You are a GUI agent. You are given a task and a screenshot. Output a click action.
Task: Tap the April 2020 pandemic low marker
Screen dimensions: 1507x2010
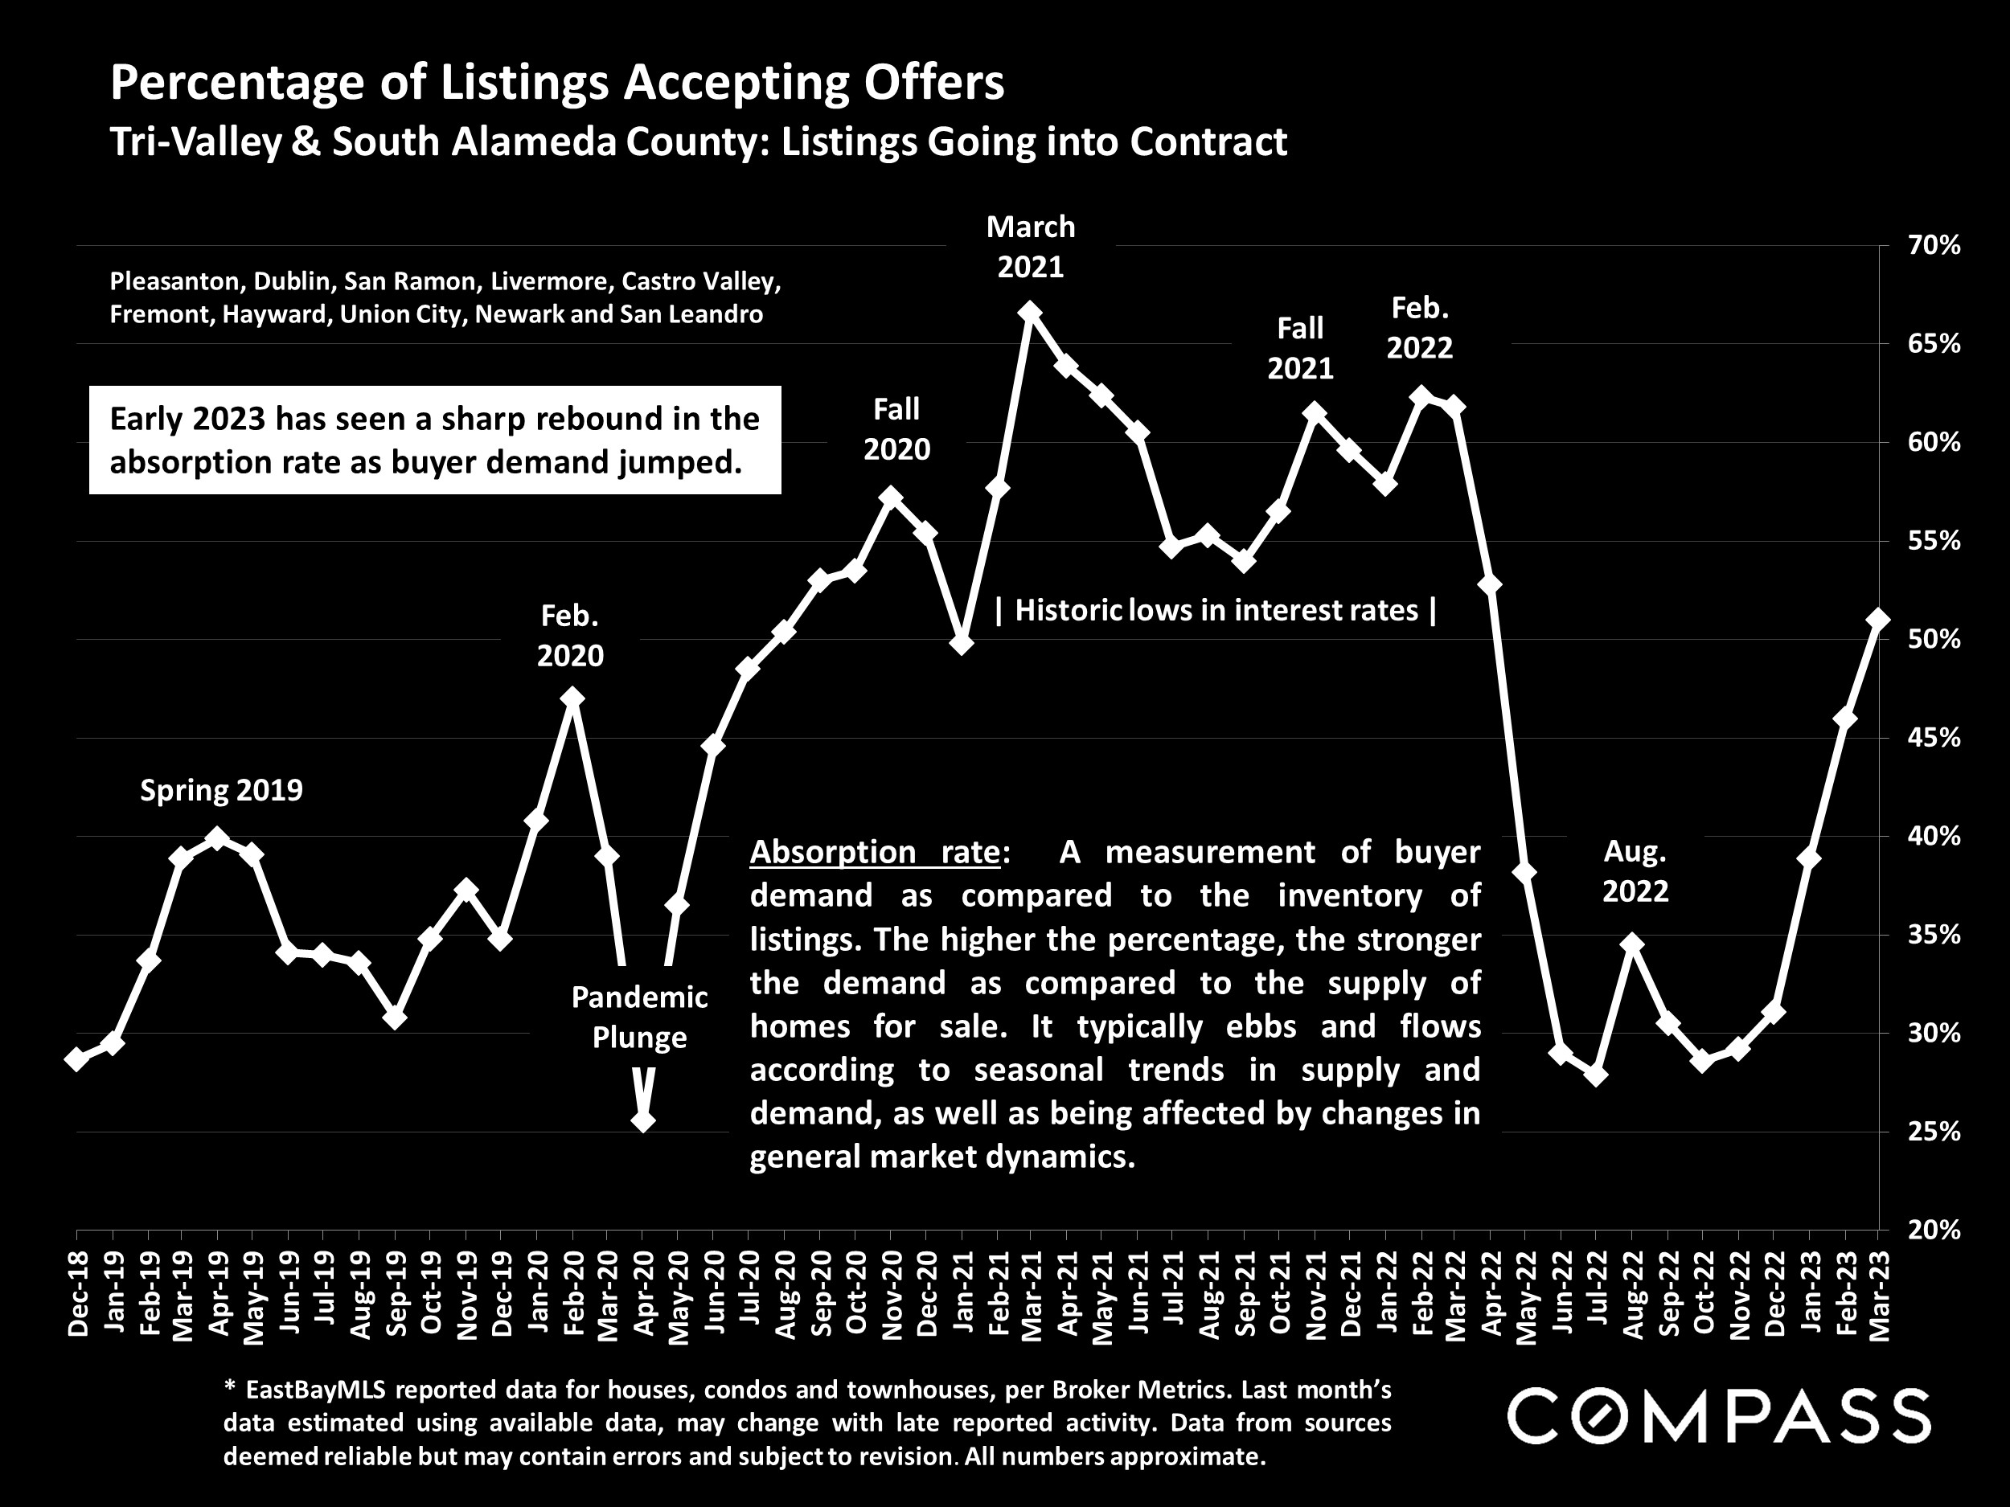642,1121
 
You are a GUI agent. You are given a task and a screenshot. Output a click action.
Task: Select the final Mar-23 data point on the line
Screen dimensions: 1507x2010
1878,620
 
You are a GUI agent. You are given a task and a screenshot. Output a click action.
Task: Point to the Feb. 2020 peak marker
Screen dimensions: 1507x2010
572,698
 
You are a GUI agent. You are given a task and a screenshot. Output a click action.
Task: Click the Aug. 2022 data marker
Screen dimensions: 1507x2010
1632,944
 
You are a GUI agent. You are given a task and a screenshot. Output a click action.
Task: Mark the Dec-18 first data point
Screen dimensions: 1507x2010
77,1059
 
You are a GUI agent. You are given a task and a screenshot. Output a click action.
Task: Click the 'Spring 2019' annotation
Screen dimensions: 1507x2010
221,791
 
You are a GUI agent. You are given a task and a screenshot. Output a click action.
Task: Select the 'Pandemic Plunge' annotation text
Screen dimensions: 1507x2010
639,1018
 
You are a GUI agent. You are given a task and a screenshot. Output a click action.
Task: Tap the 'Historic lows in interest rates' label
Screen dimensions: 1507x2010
1216,610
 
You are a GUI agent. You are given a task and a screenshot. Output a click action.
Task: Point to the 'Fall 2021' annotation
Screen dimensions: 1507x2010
1300,348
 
